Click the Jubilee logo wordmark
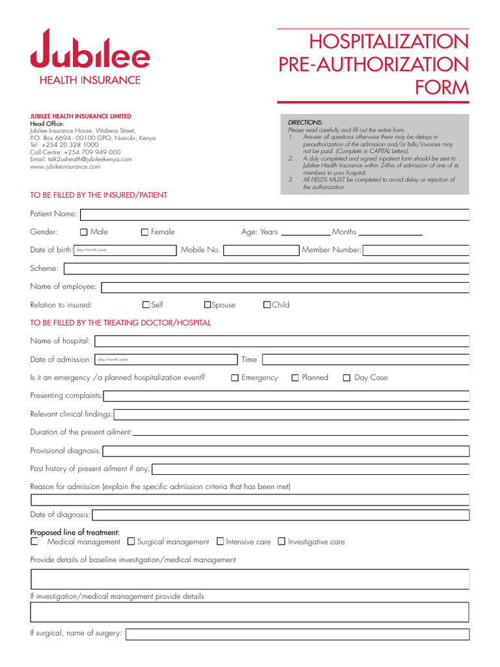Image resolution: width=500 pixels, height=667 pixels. [x=90, y=50]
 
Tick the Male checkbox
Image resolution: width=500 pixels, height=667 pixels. [x=84, y=232]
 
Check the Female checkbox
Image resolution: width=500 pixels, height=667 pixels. [x=145, y=232]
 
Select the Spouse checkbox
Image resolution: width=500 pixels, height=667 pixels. [x=208, y=305]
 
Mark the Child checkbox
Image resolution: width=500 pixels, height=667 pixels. [x=267, y=305]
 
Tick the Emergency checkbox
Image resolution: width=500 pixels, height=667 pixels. [x=235, y=378]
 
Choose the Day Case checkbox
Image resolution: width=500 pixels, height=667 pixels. [x=347, y=378]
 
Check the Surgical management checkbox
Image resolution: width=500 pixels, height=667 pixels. [x=131, y=541]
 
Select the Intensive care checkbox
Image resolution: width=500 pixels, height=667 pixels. [x=220, y=541]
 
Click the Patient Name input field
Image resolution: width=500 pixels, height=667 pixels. [x=273, y=214]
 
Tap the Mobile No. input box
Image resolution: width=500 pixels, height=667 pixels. [x=260, y=250]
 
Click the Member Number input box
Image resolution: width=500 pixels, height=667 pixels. [x=415, y=250]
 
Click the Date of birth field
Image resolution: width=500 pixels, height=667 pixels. [x=125, y=250]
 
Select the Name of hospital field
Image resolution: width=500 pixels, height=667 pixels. [x=282, y=341]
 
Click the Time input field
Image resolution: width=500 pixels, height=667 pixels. [x=365, y=360]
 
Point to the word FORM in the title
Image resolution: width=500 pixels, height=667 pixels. [x=443, y=87]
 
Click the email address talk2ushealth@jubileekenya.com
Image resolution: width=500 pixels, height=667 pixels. [x=81, y=159]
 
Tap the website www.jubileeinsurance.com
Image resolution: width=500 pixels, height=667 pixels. [x=65, y=167]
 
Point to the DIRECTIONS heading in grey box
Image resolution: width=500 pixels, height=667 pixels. [x=305, y=122]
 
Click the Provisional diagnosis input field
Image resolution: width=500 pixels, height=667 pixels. [x=286, y=451]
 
